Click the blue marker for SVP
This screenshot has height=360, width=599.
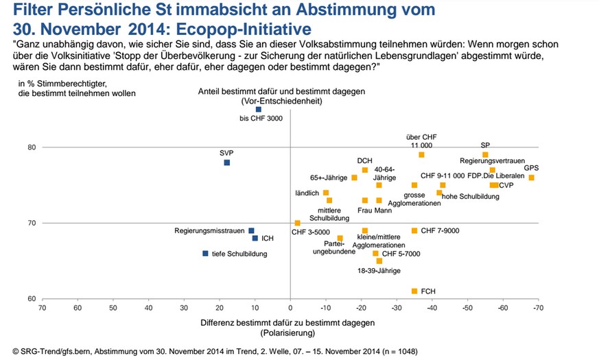point(227,163)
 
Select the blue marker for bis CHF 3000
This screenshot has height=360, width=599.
point(259,109)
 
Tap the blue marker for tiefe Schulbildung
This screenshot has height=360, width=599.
point(205,254)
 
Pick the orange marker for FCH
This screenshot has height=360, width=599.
point(414,291)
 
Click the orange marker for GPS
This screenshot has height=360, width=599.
point(531,178)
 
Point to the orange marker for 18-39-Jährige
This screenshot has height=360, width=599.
point(379,261)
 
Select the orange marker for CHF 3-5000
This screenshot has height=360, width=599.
point(297,223)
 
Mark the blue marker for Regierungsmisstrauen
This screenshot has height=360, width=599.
point(251,231)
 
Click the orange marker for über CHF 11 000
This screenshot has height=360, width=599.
point(421,155)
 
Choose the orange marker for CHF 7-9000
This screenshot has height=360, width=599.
point(414,231)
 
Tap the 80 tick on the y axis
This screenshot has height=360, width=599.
point(32,147)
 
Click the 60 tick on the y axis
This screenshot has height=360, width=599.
point(32,299)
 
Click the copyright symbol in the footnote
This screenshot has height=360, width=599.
point(7,351)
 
